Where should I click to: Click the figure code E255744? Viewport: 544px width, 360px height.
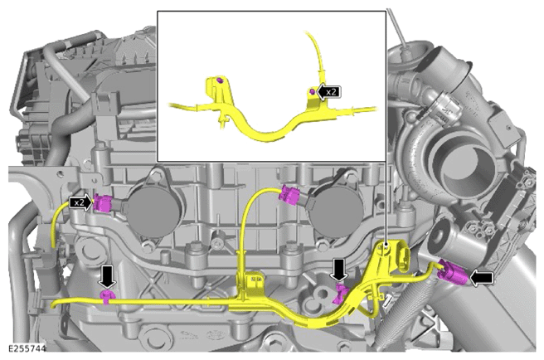click(x=27, y=348)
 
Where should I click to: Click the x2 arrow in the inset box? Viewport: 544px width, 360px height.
click(x=328, y=91)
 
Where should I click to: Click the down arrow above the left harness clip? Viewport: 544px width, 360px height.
click(x=108, y=276)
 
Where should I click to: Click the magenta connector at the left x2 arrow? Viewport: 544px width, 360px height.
click(x=103, y=203)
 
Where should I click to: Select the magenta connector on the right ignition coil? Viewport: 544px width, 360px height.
click(x=290, y=196)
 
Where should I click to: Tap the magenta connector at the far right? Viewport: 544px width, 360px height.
click(x=453, y=272)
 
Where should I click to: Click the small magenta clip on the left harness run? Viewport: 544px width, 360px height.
click(x=107, y=296)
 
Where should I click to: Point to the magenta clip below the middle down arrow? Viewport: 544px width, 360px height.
click(x=340, y=292)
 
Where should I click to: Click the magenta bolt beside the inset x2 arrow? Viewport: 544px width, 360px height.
click(x=312, y=91)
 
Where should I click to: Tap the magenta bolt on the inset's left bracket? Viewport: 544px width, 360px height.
click(x=219, y=80)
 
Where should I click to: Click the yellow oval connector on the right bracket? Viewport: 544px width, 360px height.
click(x=404, y=259)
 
